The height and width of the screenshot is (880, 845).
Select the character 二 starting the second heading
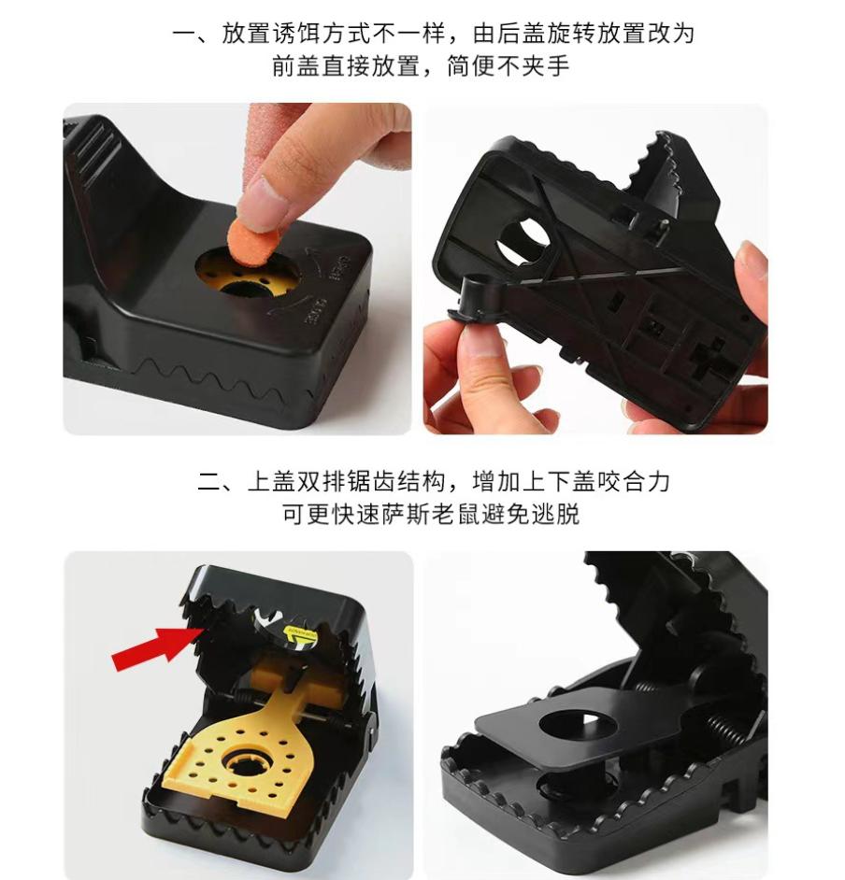point(209,481)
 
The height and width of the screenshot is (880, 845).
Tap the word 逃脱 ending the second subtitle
point(556,514)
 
